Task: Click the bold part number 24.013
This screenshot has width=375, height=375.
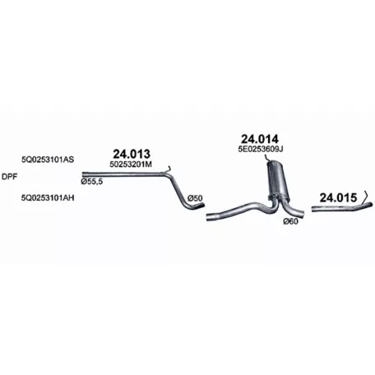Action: point(132,154)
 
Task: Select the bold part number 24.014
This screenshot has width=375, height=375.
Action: point(260,139)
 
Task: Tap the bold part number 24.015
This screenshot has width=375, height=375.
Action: point(338,197)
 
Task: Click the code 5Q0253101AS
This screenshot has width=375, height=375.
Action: point(48,160)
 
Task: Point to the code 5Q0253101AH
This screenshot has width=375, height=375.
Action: point(48,197)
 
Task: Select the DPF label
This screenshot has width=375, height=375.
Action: point(9,177)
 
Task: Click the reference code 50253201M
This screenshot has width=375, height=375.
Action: point(131,164)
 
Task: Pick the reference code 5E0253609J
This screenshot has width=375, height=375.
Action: point(261,149)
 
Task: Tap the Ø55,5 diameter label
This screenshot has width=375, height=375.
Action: point(92,182)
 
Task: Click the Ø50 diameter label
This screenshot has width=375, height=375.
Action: point(195,198)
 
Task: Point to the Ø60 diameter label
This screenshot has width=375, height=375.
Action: point(290,221)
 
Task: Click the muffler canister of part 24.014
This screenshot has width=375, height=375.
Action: point(277,180)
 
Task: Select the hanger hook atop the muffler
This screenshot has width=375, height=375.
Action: point(266,158)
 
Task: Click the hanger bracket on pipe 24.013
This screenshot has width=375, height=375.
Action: point(169,169)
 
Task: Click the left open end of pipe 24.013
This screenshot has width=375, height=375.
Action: point(84,174)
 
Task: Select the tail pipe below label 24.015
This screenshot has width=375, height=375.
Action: point(342,207)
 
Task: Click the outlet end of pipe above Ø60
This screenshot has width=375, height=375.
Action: point(301,214)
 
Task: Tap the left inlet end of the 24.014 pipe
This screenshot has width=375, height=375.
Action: point(208,217)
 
